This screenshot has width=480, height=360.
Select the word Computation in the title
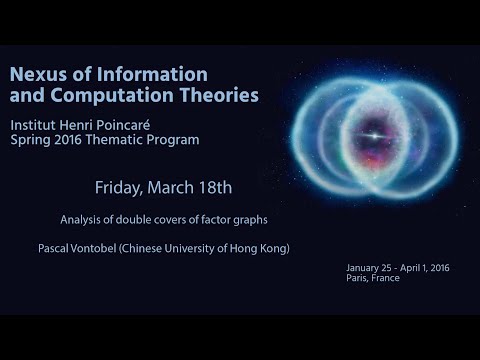(105, 96)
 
